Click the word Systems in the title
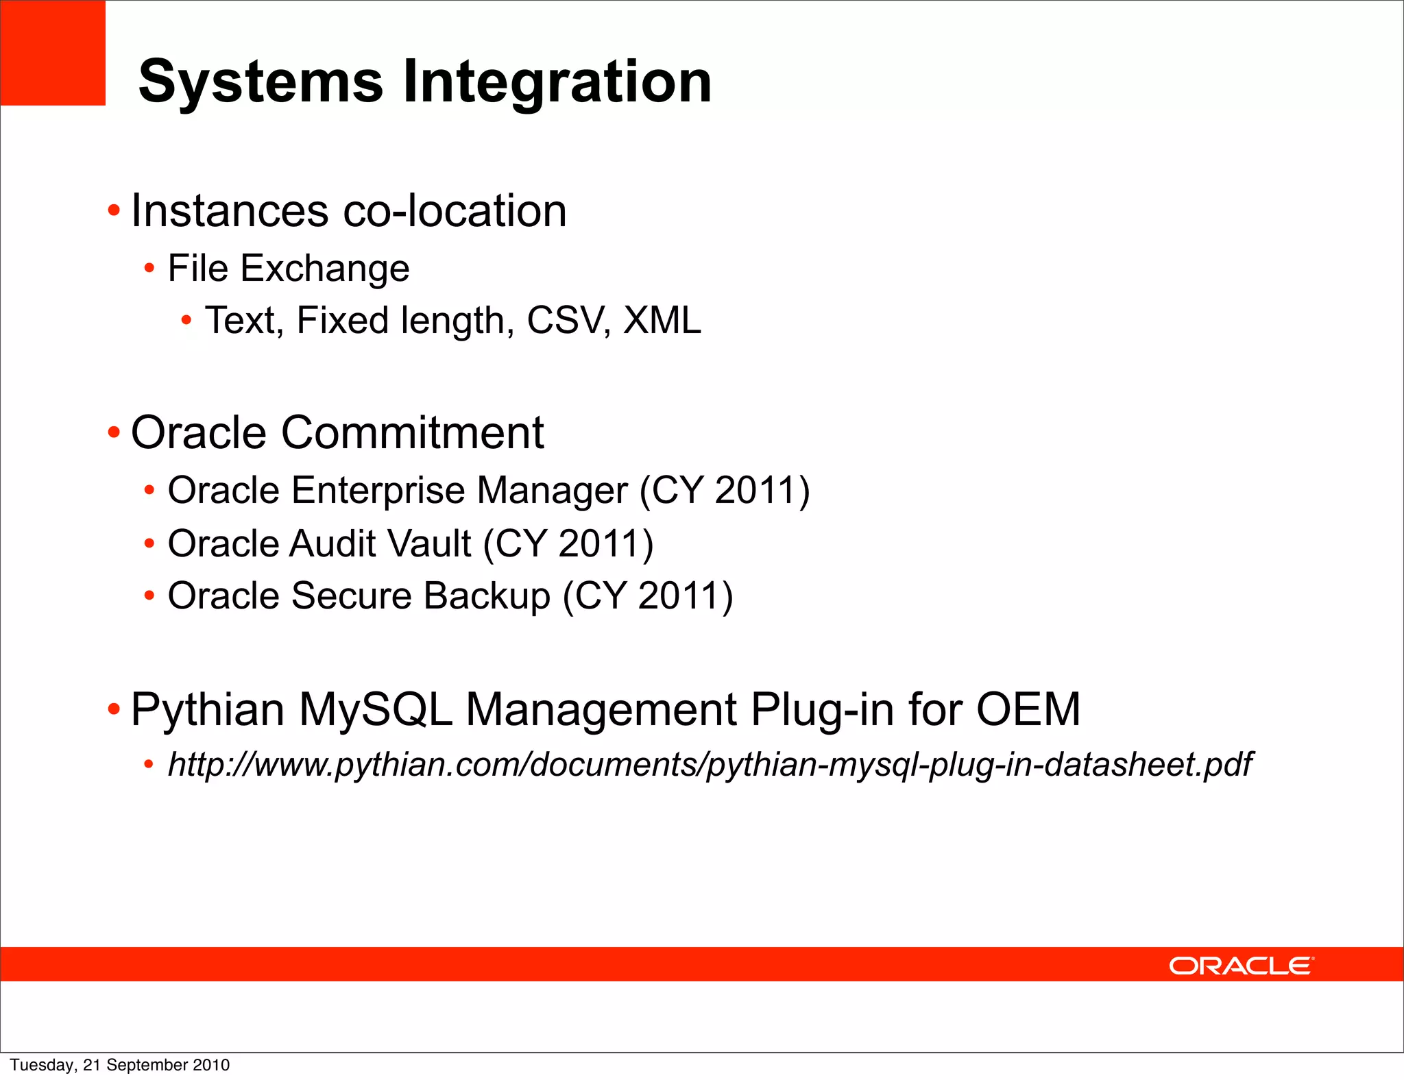(261, 82)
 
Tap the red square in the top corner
(52, 52)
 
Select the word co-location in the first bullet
(454, 210)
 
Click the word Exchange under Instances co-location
(324, 268)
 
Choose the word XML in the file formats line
(662, 320)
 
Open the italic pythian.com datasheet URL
(710, 765)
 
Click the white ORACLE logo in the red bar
(1241, 966)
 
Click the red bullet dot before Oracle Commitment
(114, 433)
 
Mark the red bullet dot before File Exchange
(149, 269)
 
